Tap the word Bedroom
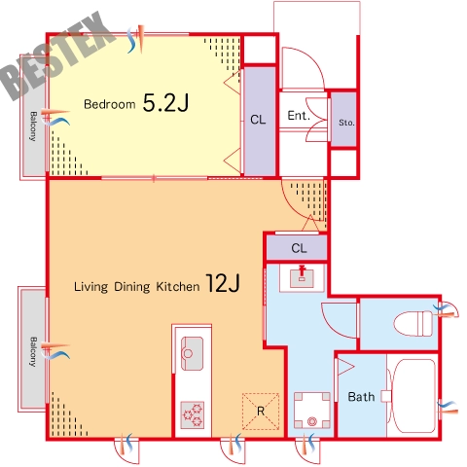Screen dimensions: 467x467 (x=110, y=104)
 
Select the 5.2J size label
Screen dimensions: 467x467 (x=165, y=102)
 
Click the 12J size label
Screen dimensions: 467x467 (x=223, y=283)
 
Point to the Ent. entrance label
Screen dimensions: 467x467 (x=299, y=116)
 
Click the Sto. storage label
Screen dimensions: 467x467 (x=346, y=123)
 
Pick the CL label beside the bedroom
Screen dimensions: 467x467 (x=258, y=120)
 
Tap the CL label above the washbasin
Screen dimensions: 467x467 (x=299, y=248)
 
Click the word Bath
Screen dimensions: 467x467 (x=361, y=397)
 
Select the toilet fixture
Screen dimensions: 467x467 (x=413, y=323)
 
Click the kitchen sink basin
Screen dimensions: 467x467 (x=192, y=353)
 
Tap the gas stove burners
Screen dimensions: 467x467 (x=193, y=415)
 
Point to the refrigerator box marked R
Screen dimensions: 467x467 (x=261, y=412)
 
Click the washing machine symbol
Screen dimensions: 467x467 (x=312, y=411)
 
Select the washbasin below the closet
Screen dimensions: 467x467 (x=302, y=277)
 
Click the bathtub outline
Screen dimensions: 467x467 (x=413, y=396)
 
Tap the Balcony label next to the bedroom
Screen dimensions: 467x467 (x=33, y=126)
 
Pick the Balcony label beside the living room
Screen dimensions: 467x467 (x=33, y=352)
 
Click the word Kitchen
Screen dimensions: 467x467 (x=178, y=287)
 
